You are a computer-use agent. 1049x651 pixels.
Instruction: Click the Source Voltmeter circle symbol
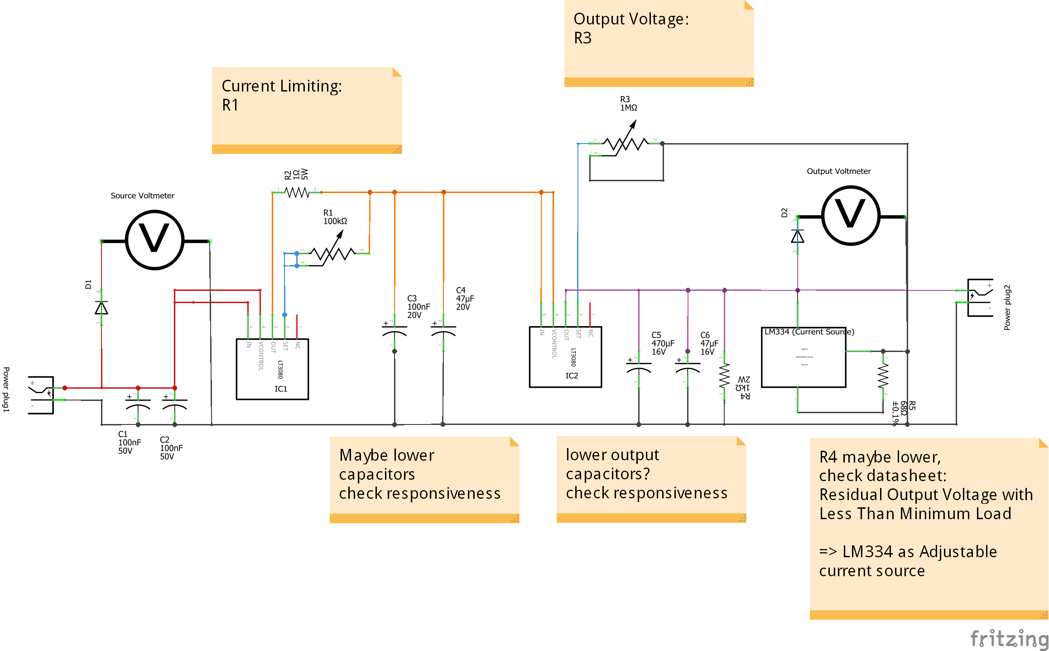tap(154, 240)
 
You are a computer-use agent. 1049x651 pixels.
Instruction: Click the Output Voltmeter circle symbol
tap(851, 216)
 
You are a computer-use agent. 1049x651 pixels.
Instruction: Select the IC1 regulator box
tap(272, 369)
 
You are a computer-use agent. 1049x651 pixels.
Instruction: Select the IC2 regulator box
tap(565, 357)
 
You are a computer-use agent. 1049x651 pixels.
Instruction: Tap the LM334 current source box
tap(804, 357)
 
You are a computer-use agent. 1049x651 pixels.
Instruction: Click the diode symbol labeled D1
tap(101, 308)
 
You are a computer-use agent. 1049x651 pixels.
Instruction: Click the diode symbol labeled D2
tap(798, 236)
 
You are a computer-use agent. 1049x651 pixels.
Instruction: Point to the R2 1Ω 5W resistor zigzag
tap(297, 193)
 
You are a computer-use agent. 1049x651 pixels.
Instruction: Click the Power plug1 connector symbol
tap(41, 395)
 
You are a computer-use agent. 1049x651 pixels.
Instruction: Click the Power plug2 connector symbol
tap(980, 298)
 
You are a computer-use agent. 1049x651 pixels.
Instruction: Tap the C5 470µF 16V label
tap(663, 343)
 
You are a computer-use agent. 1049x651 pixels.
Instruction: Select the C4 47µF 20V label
tap(465, 299)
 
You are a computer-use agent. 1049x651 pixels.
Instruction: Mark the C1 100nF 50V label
tap(129, 443)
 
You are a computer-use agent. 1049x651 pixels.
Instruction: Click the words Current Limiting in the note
tap(281, 86)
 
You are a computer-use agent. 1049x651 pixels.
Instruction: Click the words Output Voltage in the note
tap(630, 19)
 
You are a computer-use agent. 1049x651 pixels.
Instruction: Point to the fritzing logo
tap(1009, 638)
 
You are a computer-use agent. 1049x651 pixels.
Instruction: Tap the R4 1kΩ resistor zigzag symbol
tap(724, 376)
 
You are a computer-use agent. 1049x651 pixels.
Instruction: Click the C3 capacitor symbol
tap(395, 330)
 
